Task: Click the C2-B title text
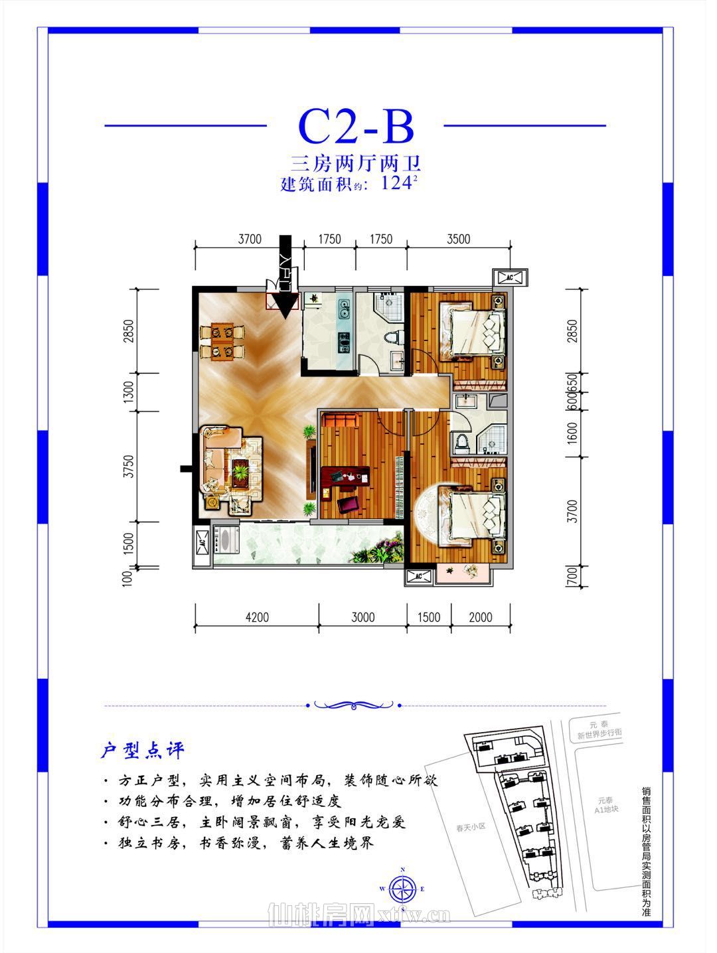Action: (357, 126)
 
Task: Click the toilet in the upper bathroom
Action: (396, 336)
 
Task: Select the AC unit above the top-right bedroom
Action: (511, 277)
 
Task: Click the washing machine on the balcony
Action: (222, 539)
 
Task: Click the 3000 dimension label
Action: (362, 617)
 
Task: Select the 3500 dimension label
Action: (458, 240)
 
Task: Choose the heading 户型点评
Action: (141, 751)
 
